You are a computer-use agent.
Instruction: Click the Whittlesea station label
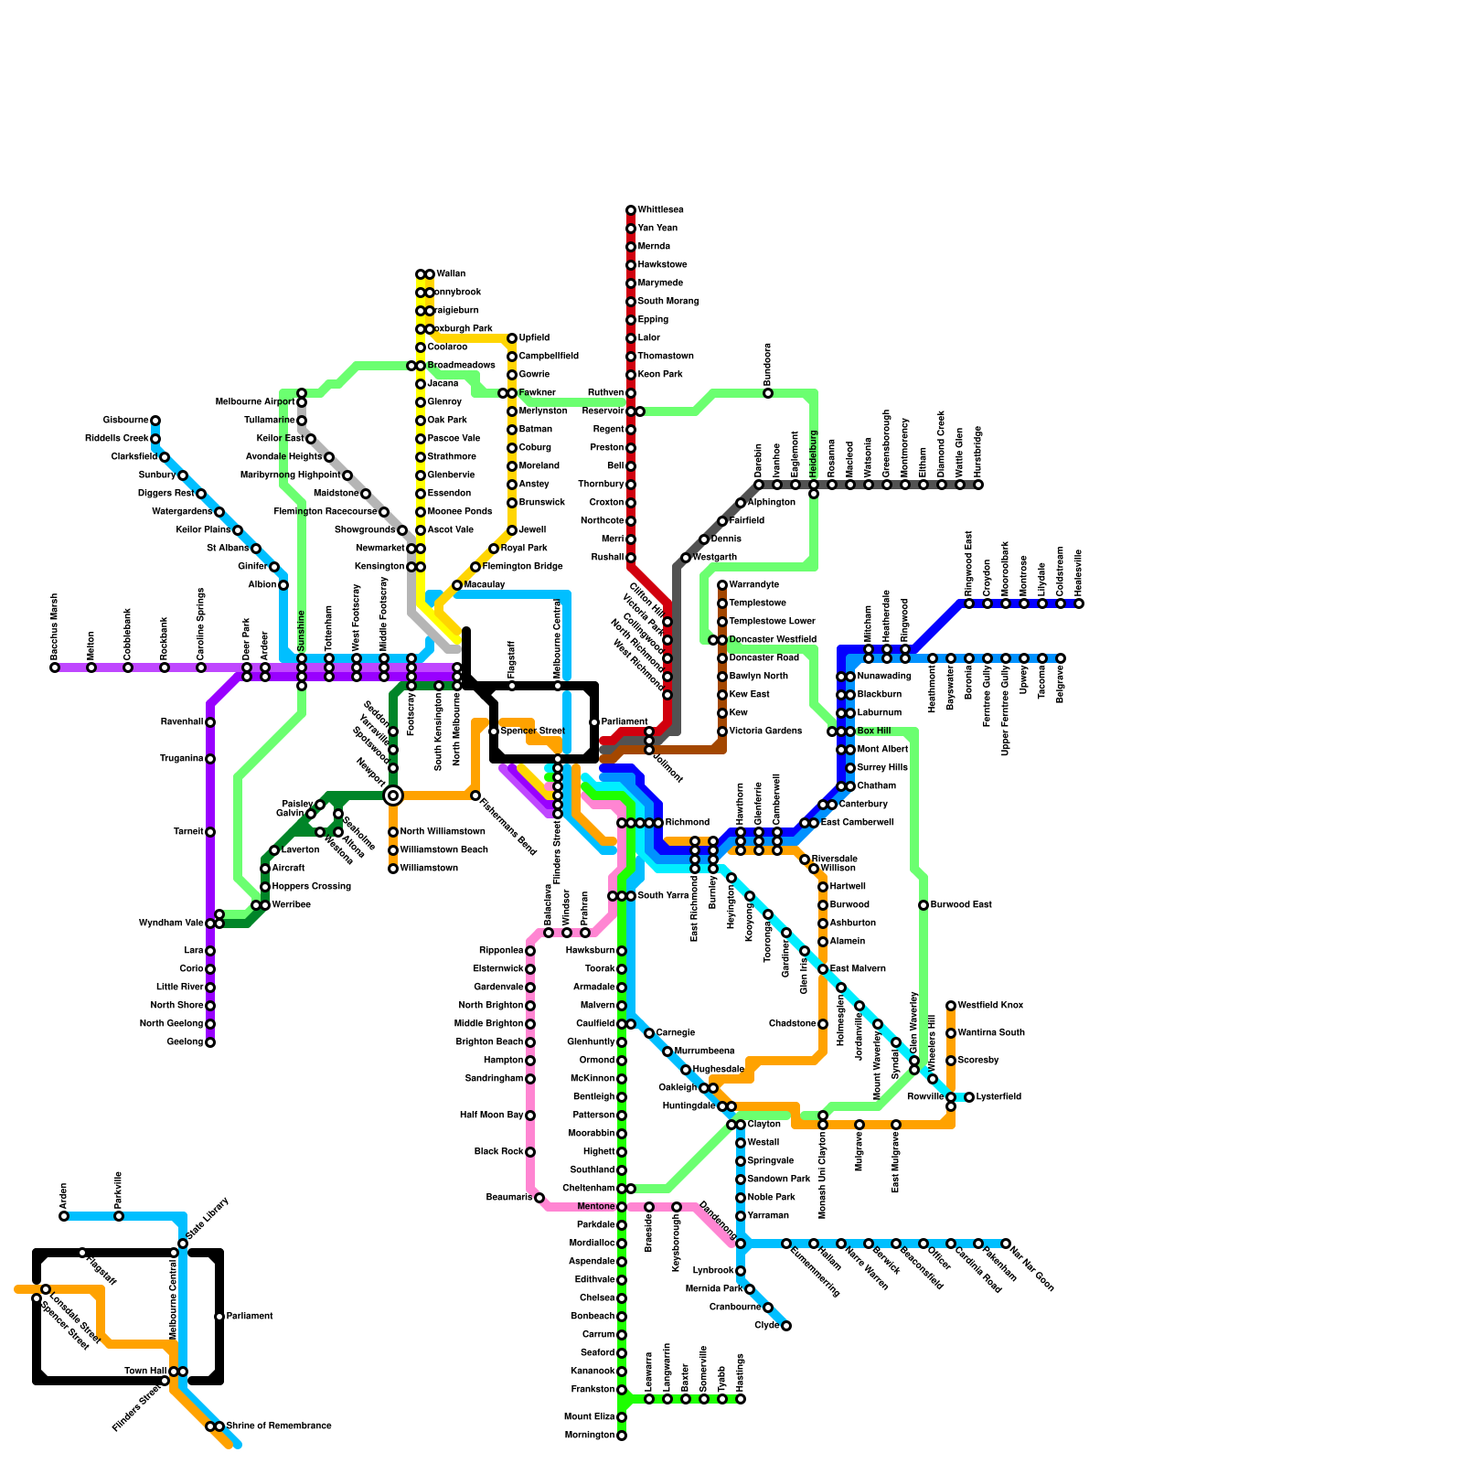coord(660,210)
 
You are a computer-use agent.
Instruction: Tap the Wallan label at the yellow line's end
coord(451,274)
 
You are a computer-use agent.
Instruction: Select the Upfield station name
coord(534,338)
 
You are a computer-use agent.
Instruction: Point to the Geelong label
coord(186,1042)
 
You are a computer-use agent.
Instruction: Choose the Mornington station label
coord(591,1436)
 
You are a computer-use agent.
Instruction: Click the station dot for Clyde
coord(786,1326)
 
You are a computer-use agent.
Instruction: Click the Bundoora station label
coord(768,364)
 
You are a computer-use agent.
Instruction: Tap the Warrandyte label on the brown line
coord(754,585)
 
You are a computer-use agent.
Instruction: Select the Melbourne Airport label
coord(255,402)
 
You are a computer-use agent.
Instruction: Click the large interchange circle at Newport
coord(393,796)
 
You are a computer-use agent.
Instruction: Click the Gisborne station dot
coord(155,421)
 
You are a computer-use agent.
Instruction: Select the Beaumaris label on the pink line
coord(509,1198)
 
